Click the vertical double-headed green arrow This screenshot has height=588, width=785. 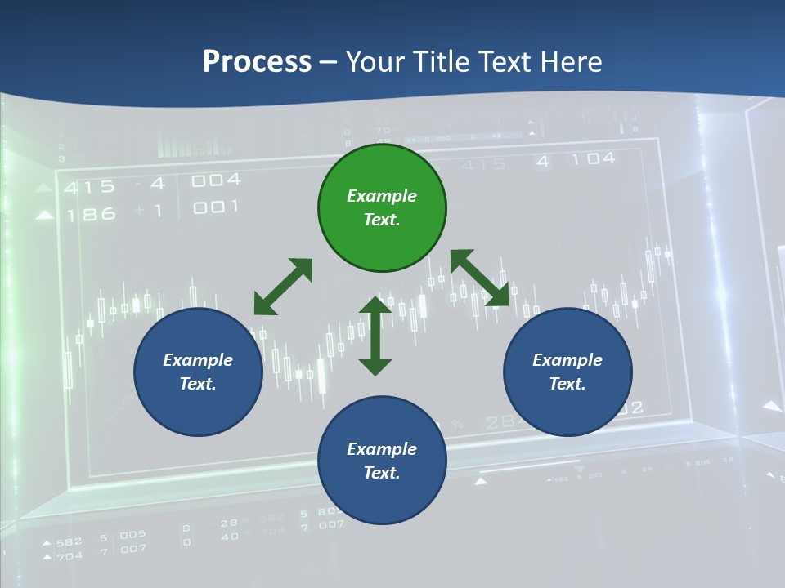pyautogui.click(x=375, y=336)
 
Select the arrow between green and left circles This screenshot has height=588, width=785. pyautogui.click(x=283, y=287)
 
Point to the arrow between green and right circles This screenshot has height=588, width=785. pyautogui.click(x=480, y=278)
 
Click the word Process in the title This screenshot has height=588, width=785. pyautogui.click(x=257, y=61)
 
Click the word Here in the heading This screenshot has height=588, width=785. pyautogui.click(x=569, y=61)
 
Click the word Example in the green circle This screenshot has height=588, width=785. pyautogui.click(x=382, y=196)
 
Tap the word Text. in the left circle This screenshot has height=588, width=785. pyautogui.click(x=198, y=384)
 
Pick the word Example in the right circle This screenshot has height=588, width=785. pyautogui.click(x=567, y=360)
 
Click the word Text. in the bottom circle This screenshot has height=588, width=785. pyautogui.click(x=382, y=473)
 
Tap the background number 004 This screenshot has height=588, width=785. pyautogui.click(x=216, y=180)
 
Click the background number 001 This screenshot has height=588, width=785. pyautogui.click(x=216, y=207)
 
